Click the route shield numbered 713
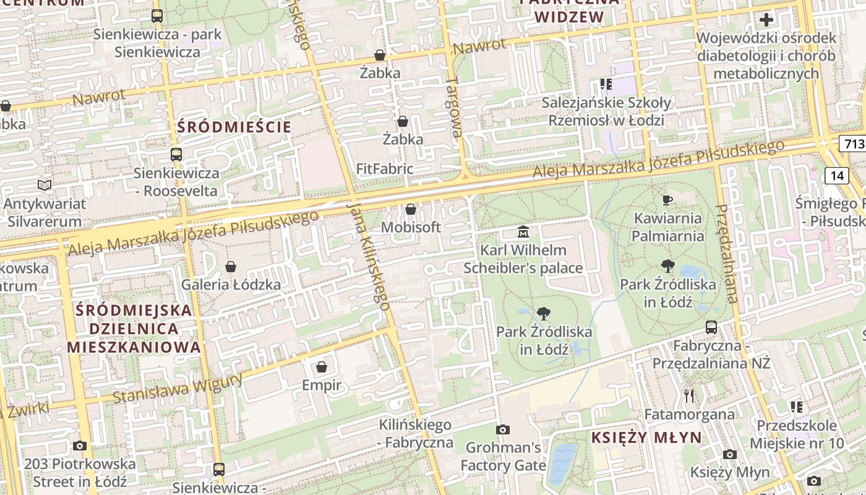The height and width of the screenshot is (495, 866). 854,144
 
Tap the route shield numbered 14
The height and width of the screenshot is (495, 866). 837,176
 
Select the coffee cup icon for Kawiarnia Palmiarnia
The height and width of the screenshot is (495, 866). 667,200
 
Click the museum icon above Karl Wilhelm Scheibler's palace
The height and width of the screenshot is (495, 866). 523,233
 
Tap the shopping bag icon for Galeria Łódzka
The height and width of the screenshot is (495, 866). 231,267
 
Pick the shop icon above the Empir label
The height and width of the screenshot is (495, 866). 321,368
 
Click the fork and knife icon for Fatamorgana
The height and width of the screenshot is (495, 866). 690,395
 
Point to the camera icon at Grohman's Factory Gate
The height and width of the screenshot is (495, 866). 503,429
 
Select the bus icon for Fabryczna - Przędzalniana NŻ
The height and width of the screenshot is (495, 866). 711,327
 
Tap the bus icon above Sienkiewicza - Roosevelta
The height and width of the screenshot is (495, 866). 176,155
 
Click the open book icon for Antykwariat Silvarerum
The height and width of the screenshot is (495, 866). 44,185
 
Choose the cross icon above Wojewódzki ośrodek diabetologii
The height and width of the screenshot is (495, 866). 766,20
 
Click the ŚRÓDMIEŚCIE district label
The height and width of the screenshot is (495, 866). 234,127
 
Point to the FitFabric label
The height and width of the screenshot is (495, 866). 385,169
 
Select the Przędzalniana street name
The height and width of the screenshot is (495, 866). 727,254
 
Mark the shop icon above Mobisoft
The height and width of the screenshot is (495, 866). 410,210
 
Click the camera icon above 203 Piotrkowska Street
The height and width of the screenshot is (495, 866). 80,445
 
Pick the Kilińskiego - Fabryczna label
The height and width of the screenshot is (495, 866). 415,434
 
